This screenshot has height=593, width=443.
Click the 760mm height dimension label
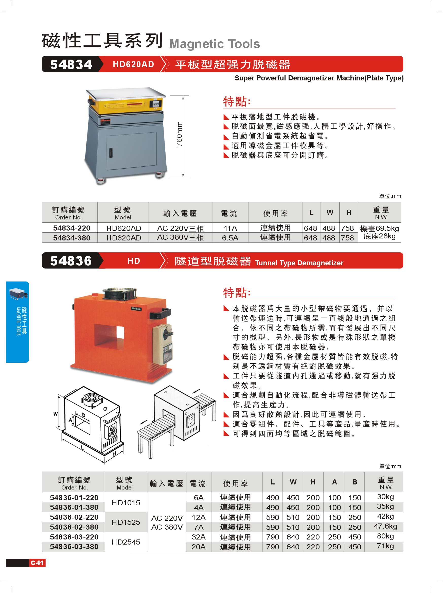point(179,134)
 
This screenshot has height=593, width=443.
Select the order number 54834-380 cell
point(72,238)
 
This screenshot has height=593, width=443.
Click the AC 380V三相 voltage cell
point(180,237)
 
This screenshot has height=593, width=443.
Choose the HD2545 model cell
point(126,542)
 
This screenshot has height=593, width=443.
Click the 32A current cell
point(199,537)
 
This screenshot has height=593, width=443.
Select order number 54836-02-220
point(74,517)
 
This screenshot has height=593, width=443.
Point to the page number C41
point(37,563)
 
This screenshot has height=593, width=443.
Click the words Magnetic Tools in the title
point(215,44)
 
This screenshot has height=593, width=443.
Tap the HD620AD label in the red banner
point(133,64)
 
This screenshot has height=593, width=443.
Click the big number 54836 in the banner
point(71,261)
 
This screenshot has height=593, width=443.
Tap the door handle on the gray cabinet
point(111,152)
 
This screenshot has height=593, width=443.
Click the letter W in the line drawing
point(56,414)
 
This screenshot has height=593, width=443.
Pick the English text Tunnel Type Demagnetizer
point(299,263)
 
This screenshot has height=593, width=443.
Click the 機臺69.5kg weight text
point(380,229)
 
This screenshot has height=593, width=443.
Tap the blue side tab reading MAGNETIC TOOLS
point(17,322)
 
